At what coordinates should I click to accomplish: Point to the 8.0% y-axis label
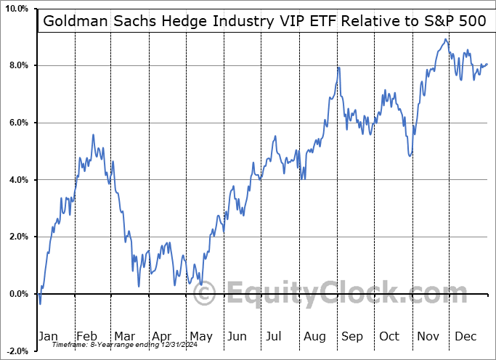tap(17, 66)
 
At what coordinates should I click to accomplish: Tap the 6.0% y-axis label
tap(17, 123)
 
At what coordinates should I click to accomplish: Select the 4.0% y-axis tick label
tap(17, 180)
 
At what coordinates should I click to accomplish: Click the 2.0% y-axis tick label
tap(17, 237)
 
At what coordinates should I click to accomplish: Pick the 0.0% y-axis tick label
tap(17, 294)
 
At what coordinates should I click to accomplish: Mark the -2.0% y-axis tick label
tap(15, 351)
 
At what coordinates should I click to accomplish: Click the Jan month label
tap(48, 336)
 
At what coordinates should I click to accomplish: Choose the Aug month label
tap(314, 336)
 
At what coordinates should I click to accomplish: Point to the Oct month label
tap(390, 336)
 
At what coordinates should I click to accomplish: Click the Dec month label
tap(465, 336)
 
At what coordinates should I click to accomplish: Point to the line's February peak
tap(93, 134)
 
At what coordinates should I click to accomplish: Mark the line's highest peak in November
tap(445, 39)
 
